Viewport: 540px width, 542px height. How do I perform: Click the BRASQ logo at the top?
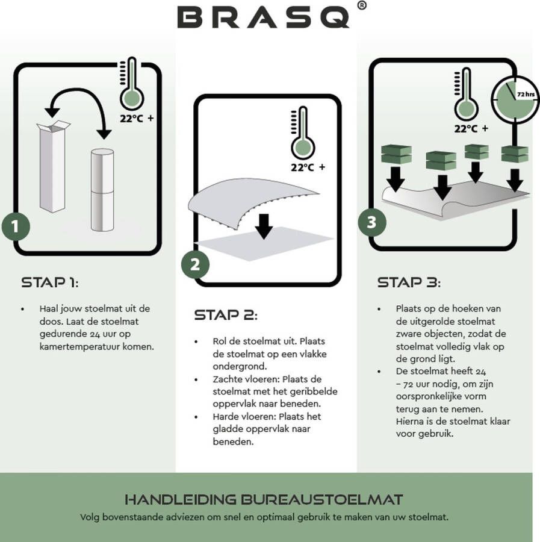tap(263, 17)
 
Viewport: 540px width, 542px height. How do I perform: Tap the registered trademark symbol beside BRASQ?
tap(361, 6)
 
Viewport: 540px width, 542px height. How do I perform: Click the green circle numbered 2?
tap(195, 264)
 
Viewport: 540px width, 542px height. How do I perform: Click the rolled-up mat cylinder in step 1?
tap(102, 189)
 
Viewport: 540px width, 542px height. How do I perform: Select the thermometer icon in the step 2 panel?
tap(302, 134)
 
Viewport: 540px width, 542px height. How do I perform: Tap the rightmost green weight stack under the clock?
tap(515, 154)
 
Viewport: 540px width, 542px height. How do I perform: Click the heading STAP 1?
tap(50, 282)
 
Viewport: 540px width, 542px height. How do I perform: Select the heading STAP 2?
tap(226, 316)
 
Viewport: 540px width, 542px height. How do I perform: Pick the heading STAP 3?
tap(409, 282)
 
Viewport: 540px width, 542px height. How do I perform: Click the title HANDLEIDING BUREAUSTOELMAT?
tap(264, 499)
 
